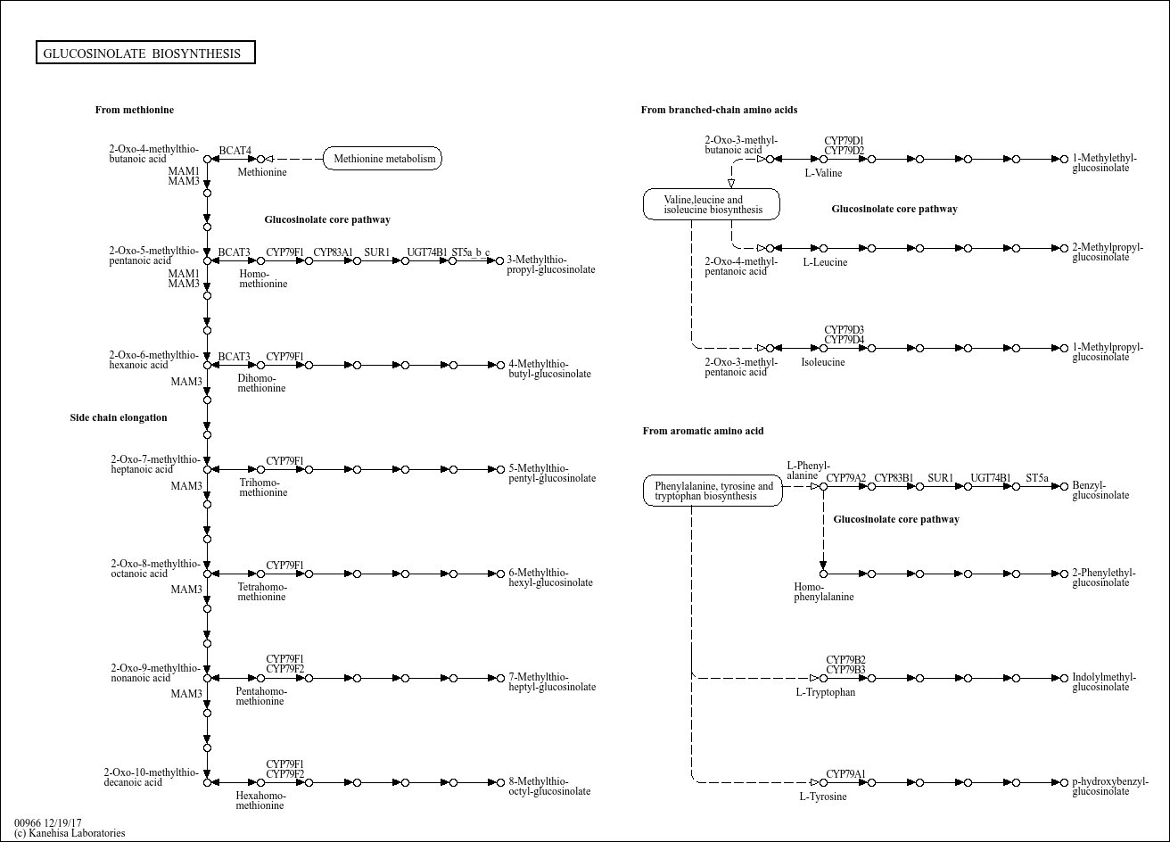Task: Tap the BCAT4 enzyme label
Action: click(x=235, y=151)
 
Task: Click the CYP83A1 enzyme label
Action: click(x=333, y=252)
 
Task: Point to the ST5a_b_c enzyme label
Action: click(x=471, y=252)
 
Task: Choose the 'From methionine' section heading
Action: click(x=135, y=110)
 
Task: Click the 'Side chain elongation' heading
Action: click(x=119, y=417)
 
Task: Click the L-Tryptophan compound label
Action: click(x=825, y=692)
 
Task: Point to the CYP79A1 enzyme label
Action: click(x=845, y=774)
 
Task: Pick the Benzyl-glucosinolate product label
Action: click(x=1100, y=490)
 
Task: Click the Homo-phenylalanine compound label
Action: click(x=824, y=591)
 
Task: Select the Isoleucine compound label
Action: click(x=822, y=362)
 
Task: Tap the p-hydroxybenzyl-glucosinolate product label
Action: click(x=1110, y=786)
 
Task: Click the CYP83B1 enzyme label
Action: click(x=894, y=478)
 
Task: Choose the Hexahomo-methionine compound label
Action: click(x=260, y=801)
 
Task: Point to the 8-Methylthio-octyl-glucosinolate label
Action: click(x=549, y=786)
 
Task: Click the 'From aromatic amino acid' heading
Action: click(x=703, y=431)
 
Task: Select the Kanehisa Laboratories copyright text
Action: click(x=70, y=833)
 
